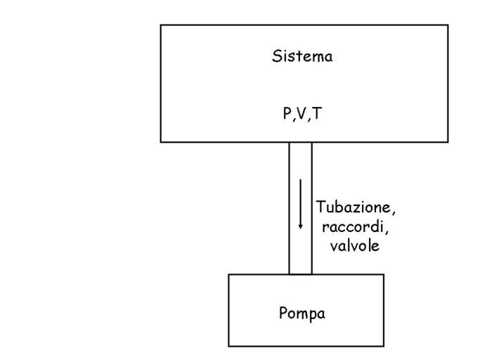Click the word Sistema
[x=302, y=57]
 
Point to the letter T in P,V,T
[x=317, y=114]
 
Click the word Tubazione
[x=351, y=209]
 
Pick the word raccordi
[x=351, y=227]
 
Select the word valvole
[x=350, y=245]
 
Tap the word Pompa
[x=302, y=313]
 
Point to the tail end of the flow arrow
[x=300, y=180]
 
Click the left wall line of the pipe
[x=289, y=208]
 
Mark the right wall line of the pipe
[x=312, y=208]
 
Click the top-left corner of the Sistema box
[x=161, y=25]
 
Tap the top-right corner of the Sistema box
[x=448, y=25]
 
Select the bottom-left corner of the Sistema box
[x=161, y=142]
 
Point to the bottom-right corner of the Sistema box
[x=448, y=142]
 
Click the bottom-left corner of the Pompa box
[x=229, y=346]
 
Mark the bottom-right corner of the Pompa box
[x=384, y=346]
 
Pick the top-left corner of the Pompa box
[x=229, y=274]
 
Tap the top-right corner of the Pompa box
[x=384, y=274]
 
